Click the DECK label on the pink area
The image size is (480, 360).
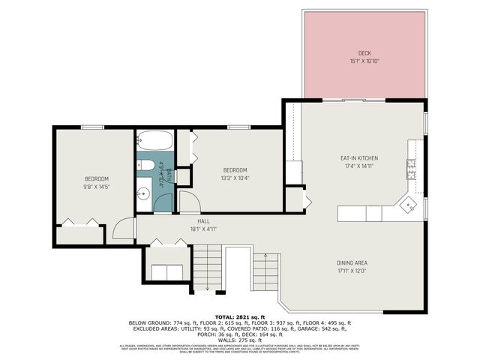tap(364, 53)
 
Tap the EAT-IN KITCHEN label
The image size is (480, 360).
tap(359, 158)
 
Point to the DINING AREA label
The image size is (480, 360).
tap(351, 262)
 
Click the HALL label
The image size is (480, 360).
tap(203, 221)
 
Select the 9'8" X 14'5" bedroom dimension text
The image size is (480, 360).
tap(96, 186)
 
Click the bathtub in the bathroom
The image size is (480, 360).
tap(154, 141)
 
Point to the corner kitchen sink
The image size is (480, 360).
tap(408, 203)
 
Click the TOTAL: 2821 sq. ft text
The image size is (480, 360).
tap(239, 317)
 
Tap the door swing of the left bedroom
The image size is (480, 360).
tap(124, 228)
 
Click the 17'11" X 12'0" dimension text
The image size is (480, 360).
tap(351, 271)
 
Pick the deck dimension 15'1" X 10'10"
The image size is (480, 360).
tap(364, 61)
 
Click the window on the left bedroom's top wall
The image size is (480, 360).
tap(93, 127)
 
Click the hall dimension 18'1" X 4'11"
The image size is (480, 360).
tap(203, 229)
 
